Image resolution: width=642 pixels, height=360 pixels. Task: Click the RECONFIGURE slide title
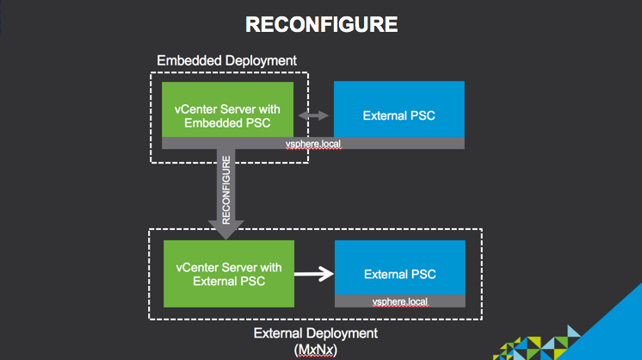321,25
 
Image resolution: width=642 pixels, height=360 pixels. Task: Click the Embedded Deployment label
226,61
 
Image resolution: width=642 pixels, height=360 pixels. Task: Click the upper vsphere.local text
314,144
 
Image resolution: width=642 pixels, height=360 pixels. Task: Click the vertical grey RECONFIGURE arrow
225,189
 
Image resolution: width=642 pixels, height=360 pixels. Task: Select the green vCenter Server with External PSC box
228,274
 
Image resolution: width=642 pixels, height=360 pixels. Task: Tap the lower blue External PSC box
399,269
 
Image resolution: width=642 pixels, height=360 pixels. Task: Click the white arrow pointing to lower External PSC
314,275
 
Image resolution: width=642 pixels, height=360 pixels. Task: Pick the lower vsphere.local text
399,301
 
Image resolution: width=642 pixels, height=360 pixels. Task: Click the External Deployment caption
316,333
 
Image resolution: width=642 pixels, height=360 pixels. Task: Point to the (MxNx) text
315,351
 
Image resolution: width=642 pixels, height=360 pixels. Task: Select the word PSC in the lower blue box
423,275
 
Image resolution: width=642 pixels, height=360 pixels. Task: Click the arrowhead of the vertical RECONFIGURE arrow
225,223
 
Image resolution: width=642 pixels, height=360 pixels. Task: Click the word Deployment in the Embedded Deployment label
259,61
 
